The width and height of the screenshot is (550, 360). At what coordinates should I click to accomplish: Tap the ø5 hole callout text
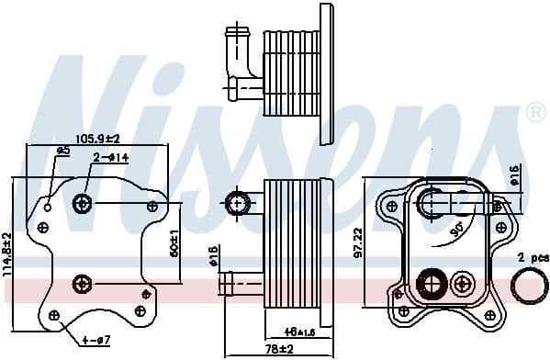click(63, 150)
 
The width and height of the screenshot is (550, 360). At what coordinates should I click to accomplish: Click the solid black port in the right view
click(429, 283)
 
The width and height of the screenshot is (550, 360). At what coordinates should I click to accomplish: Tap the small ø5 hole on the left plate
click(48, 208)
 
